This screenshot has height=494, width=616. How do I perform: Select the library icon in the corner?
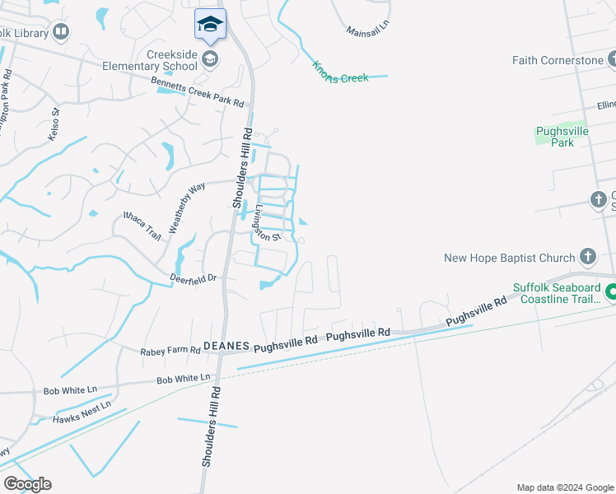(60, 32)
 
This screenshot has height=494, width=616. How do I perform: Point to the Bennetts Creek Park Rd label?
(198, 91)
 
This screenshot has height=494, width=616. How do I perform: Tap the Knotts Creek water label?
(340, 72)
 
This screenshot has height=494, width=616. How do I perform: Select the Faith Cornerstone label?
(558, 60)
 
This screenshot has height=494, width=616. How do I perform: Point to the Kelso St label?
(54, 124)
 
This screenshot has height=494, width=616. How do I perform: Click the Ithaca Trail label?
(142, 225)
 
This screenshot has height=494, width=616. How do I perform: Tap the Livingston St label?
(268, 222)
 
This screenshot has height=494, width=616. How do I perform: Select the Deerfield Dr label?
(194, 278)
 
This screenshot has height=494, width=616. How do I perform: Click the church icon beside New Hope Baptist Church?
(587, 257)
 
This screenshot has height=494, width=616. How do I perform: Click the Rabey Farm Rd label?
(171, 350)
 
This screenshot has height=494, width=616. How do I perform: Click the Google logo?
(27, 484)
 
